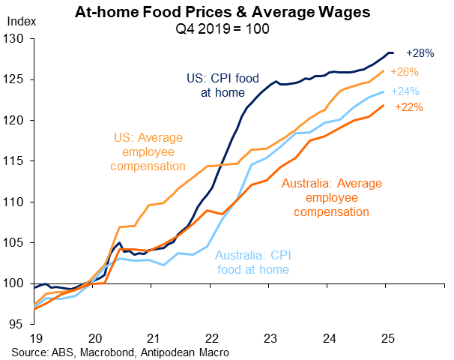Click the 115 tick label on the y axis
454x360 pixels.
16,161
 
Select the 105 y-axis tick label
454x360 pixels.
16,243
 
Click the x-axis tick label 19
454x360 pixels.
34,339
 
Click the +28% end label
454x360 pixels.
420,53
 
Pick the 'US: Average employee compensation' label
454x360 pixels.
147,152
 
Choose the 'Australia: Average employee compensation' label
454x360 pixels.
332,197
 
